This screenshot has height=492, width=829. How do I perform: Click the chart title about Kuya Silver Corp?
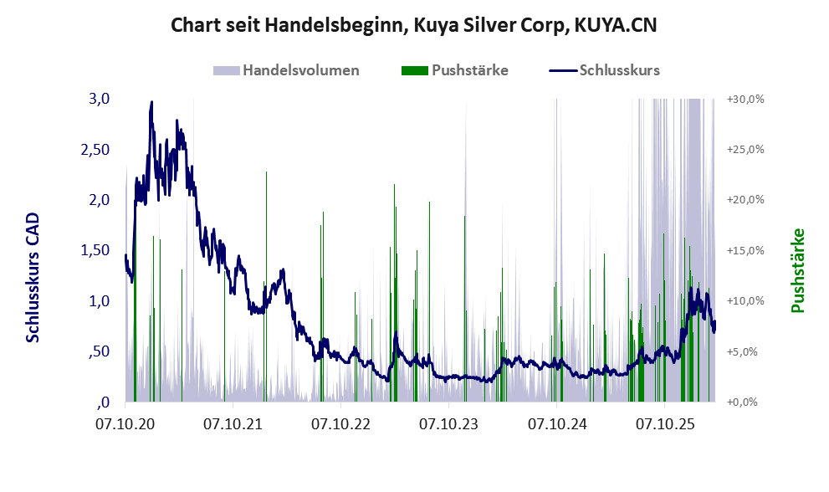pos(414,25)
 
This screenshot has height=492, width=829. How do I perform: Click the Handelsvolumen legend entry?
pos(286,70)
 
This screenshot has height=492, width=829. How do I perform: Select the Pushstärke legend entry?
pos(455,70)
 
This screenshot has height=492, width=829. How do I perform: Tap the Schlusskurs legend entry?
pos(604,70)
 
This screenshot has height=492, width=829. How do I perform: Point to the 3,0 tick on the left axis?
pos(99,99)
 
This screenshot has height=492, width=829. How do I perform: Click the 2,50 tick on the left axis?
pos(95,150)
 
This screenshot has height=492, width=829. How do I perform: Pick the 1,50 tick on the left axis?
pos(95,250)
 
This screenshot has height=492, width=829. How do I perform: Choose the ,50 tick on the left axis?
pos(99,351)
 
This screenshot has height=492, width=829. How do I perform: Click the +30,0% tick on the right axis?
pos(745,100)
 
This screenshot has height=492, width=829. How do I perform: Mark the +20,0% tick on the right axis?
pos(745,200)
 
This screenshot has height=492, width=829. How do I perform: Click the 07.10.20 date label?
pos(125,424)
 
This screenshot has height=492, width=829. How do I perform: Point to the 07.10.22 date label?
pos(340,424)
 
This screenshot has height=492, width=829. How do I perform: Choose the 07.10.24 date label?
pos(557,424)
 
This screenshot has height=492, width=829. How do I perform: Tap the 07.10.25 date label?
pos(665,424)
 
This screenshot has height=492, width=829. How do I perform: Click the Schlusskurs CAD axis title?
pos(33,277)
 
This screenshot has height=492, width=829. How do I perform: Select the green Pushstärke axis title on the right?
pos(798,270)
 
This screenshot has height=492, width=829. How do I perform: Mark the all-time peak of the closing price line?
pos(151,101)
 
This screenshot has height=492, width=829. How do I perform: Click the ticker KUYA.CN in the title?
pos(616,25)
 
